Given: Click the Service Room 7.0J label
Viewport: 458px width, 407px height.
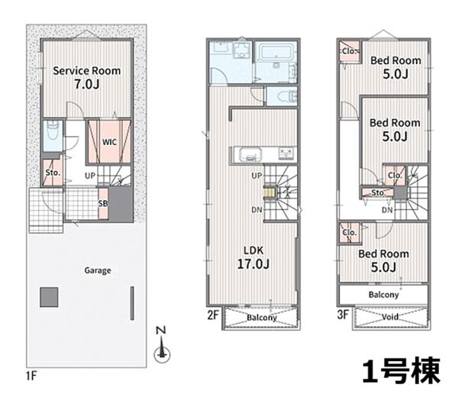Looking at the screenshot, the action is [x=87, y=77].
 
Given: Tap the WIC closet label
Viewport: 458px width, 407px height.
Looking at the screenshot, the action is [x=109, y=142].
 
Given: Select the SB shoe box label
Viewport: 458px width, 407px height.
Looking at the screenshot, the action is [x=103, y=203].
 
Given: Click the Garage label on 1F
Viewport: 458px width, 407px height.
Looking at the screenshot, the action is [x=98, y=270].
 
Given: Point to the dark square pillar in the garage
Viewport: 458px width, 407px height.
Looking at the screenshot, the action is [x=49, y=297].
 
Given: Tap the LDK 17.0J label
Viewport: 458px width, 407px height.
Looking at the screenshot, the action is [x=253, y=257].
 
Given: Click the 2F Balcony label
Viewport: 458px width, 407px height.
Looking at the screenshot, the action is [x=262, y=318].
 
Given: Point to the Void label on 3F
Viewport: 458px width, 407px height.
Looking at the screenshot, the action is [x=390, y=317].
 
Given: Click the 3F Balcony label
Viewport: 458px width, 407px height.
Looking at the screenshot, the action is [x=383, y=295].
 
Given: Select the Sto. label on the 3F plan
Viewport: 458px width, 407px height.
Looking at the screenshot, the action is [x=379, y=192].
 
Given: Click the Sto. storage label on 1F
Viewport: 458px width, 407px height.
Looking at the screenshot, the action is [x=53, y=173].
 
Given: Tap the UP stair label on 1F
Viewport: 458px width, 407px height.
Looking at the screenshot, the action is [x=90, y=176].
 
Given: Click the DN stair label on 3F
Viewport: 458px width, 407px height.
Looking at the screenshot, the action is [x=387, y=210].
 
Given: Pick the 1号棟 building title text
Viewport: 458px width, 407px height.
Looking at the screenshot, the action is [x=402, y=371].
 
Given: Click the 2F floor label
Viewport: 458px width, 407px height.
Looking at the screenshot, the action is [x=213, y=315].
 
